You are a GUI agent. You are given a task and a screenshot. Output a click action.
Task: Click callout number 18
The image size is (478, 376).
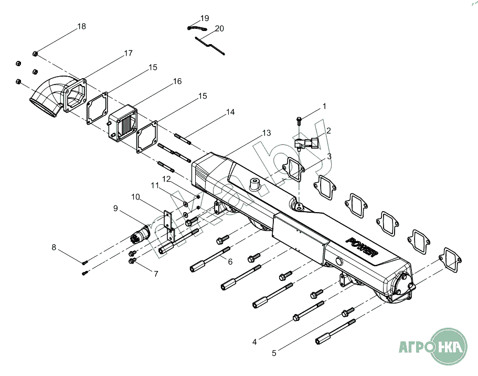pyautogui.click(x=81, y=26)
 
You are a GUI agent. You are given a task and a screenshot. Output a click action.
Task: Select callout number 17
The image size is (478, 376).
pyautogui.click(x=128, y=53)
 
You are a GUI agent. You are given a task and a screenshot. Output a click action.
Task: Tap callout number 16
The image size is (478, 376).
pyautogui.click(x=177, y=81)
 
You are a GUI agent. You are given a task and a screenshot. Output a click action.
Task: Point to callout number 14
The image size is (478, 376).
pyautogui.click(x=230, y=112)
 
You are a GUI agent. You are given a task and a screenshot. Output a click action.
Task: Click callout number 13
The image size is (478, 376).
pyautogui.click(x=267, y=133)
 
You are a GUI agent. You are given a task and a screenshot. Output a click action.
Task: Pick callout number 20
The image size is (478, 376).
pyautogui.click(x=220, y=28)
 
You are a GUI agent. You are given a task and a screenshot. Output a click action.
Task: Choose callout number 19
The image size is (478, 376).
pyautogui.click(x=205, y=18)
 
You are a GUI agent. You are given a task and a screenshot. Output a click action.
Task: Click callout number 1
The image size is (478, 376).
pyautogui.click(x=324, y=106)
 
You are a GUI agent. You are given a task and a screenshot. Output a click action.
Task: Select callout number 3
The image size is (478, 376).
pyautogui.click(x=329, y=156)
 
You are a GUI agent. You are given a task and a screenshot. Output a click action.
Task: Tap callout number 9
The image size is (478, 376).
pyautogui.click(x=115, y=208)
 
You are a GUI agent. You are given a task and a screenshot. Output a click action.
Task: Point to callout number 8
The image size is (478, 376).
pyautogui.click(x=54, y=247)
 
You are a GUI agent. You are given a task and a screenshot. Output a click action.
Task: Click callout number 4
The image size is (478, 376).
pyautogui.click(x=254, y=342)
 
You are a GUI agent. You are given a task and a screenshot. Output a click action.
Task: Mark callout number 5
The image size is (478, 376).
pyautogui.click(x=274, y=353)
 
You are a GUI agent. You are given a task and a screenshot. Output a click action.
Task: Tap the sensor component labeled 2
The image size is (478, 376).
pyautogui.click(x=306, y=143)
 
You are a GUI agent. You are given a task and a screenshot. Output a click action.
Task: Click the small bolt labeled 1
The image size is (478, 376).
pyautogui.click(x=299, y=120)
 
